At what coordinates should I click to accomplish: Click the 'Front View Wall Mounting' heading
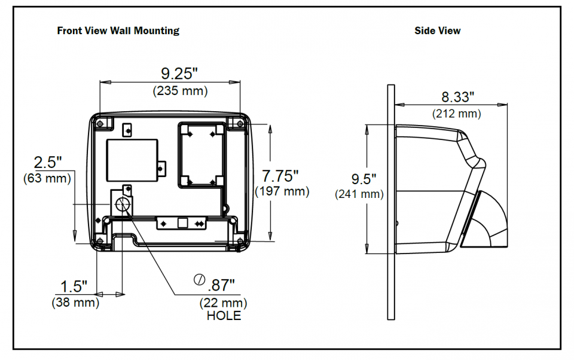pyautogui.click(x=118, y=30)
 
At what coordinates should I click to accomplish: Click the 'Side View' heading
pyautogui.click(x=437, y=30)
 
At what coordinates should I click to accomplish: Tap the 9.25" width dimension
pyautogui.click(x=179, y=74)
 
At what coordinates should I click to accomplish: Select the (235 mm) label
pyautogui.click(x=180, y=91)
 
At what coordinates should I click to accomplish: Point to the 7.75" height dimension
pyautogui.click(x=280, y=176)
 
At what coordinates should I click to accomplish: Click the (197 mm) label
pyautogui.click(x=282, y=191)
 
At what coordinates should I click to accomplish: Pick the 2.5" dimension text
pyautogui.click(x=48, y=162)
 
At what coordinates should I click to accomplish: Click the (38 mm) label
pyautogui.click(x=75, y=303)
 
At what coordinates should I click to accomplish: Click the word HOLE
pyautogui.click(x=224, y=316)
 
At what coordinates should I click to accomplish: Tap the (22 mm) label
pyautogui.click(x=223, y=303)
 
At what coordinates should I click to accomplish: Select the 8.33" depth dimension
pyautogui.click(x=457, y=96)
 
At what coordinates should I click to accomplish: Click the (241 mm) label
pyautogui.click(x=359, y=194)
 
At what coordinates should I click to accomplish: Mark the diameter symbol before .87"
pyautogui.click(x=199, y=280)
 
